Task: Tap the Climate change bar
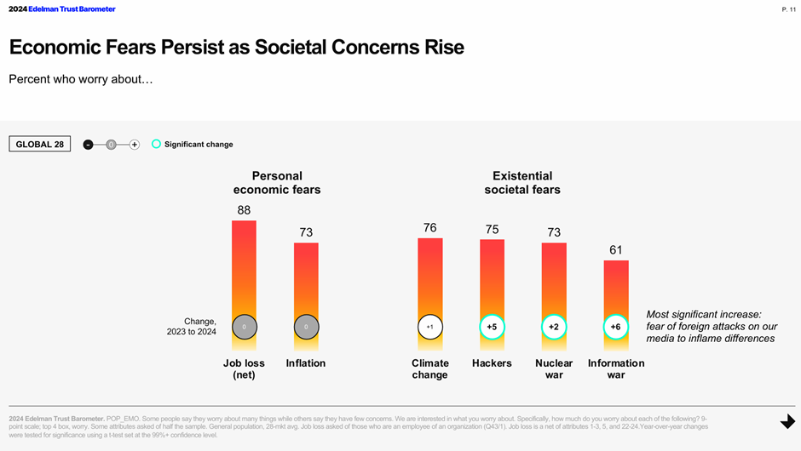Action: tap(429, 277)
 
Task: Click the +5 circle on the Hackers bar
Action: tap(492, 327)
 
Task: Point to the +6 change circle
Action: tap(616, 327)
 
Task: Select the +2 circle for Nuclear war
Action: tap(554, 327)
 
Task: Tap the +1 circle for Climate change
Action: tap(429, 327)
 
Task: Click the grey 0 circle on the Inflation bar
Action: tap(306, 327)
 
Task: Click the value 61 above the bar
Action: tap(615, 250)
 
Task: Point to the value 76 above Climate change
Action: tap(429, 227)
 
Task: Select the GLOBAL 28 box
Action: tap(40, 144)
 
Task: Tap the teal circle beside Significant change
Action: tap(156, 144)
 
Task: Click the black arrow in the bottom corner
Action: tap(787, 422)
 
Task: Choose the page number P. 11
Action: tap(788, 9)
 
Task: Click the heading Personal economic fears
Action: tap(277, 183)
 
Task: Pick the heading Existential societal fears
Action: tap(522, 183)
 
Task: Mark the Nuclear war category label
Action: tap(554, 368)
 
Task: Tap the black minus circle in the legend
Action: tap(88, 145)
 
